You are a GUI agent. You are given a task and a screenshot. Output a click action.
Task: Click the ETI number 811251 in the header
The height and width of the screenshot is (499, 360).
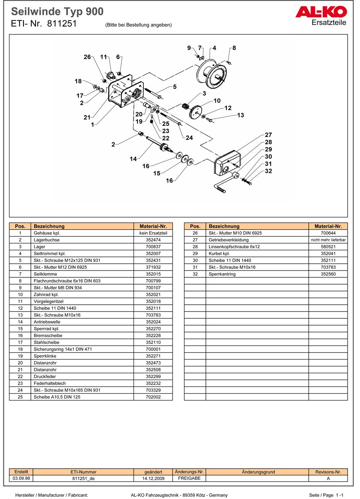[x=62, y=24]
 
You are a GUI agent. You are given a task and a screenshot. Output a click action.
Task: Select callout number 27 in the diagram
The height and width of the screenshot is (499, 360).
[x=268, y=135]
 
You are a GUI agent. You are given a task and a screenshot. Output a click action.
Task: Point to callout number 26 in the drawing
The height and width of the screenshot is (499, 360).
[x=87, y=57]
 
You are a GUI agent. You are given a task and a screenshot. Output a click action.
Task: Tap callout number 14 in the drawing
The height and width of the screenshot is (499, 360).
[x=134, y=159]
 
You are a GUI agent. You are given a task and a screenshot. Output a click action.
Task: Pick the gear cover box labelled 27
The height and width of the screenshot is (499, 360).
[x=226, y=162]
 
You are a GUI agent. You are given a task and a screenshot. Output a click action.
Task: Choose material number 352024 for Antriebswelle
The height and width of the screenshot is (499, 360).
[x=153, y=322]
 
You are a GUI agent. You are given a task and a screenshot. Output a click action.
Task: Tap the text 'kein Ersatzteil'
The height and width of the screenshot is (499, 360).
[x=153, y=233]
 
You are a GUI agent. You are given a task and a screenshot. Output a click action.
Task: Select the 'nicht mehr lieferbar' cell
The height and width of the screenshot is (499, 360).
[x=328, y=240]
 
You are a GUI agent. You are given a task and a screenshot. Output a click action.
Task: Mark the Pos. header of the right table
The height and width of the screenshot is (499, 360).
[x=195, y=226]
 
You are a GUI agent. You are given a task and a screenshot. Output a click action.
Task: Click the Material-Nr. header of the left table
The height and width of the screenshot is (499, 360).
[x=153, y=226]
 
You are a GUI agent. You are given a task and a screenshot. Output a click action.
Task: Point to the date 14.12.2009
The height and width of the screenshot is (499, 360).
[x=153, y=478]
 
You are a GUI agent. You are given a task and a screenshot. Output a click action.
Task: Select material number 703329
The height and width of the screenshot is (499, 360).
[x=153, y=390]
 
